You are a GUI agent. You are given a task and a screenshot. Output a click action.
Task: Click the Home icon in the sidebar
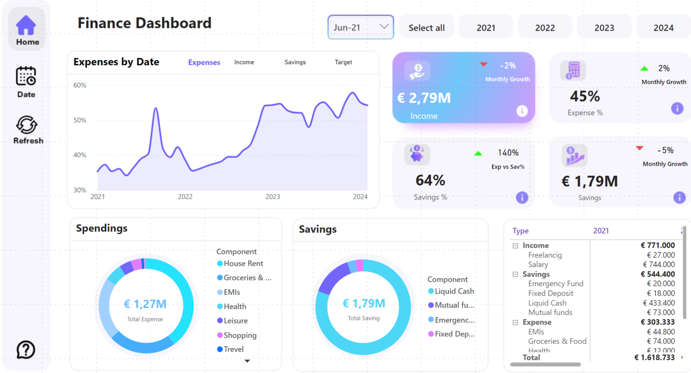coord(26,25)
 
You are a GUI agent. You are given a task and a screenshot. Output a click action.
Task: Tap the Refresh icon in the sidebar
coord(26,125)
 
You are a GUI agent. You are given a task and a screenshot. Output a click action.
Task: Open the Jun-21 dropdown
coord(361,27)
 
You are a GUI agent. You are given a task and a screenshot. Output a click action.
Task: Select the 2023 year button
coord(604,28)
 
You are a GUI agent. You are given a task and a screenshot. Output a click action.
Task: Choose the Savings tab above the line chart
coord(295,62)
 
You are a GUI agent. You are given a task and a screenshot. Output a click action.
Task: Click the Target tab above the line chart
coord(343,62)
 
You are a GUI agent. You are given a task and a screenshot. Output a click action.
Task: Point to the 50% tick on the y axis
coord(80,120)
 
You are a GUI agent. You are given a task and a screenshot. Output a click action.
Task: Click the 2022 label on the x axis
coord(185,196)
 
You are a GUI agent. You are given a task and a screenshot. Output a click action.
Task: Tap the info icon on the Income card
coord(522,111)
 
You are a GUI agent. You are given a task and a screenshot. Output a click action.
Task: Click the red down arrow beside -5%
coord(640,148)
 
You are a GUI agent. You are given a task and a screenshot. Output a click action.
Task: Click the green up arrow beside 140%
coord(478,153)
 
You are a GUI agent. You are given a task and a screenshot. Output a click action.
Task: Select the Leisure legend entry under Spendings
coord(232,321)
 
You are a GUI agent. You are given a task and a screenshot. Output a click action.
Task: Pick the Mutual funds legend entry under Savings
coord(451,305)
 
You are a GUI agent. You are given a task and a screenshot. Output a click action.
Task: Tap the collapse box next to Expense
coord(515,322)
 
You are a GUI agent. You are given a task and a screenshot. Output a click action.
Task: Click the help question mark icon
coord(25,350)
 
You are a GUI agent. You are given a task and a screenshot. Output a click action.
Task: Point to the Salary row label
coord(538,264)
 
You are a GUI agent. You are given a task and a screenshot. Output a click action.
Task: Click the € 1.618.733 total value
coord(655,357)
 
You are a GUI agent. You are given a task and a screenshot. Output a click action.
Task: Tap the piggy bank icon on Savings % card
coord(417,154)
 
